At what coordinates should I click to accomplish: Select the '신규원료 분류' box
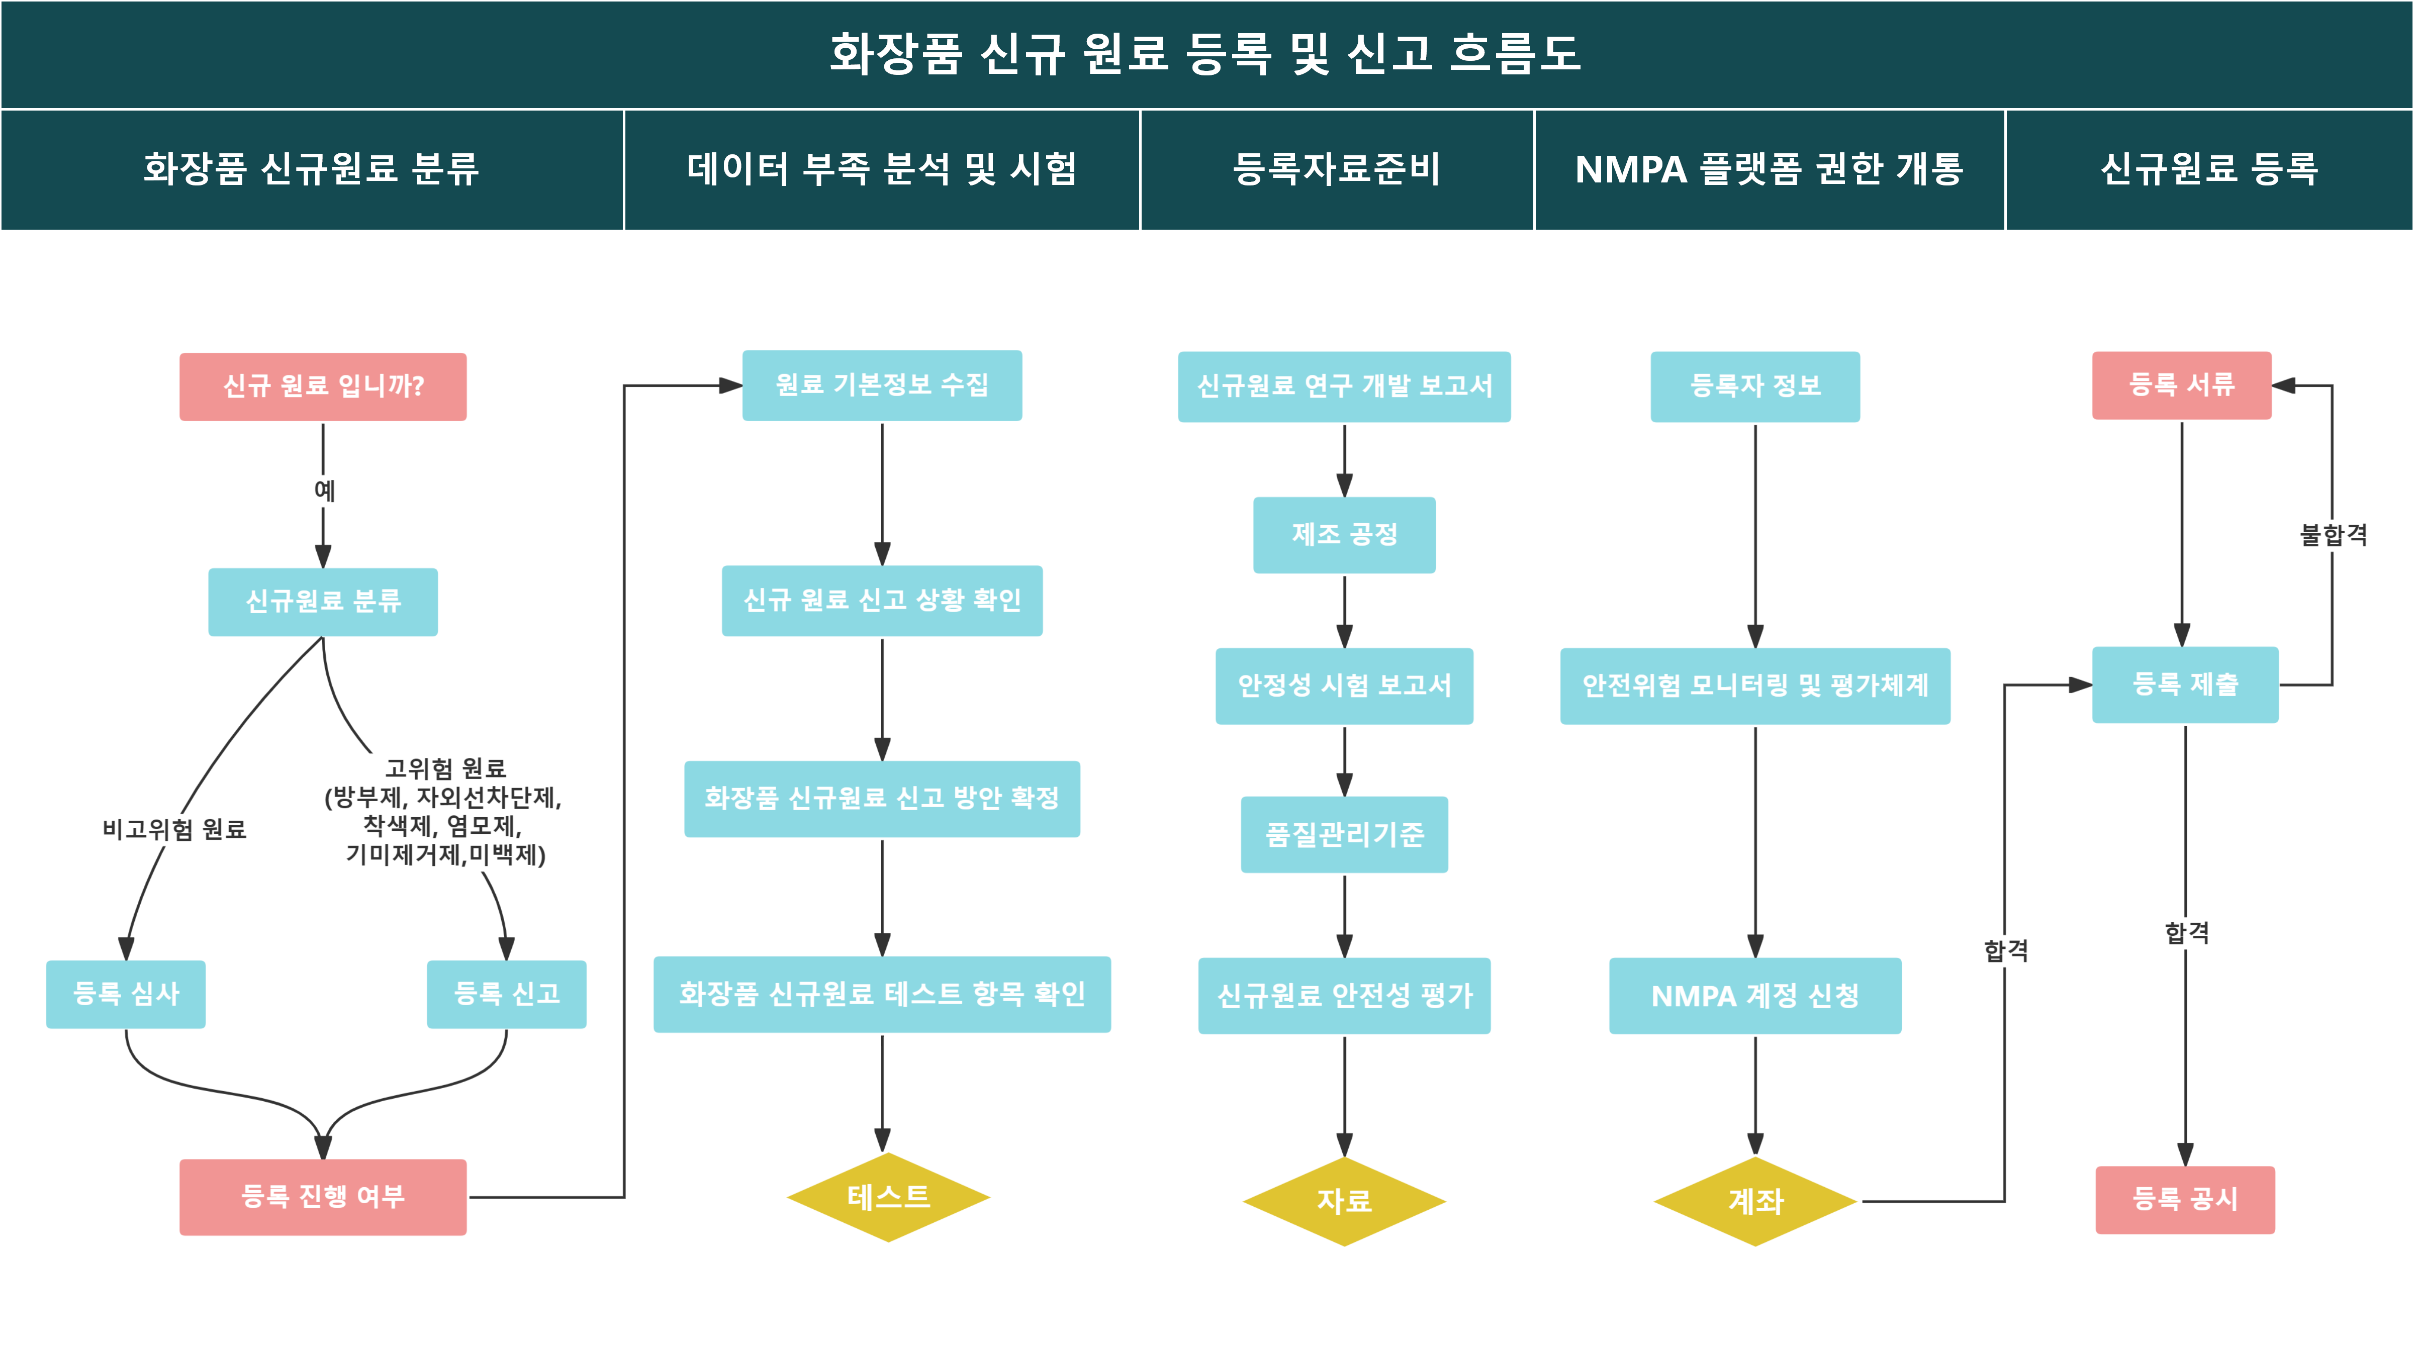(x=323, y=601)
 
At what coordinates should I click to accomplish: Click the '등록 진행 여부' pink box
(x=323, y=1197)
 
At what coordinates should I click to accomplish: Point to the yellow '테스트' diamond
(x=888, y=1197)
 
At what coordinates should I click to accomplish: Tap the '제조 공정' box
(x=1344, y=535)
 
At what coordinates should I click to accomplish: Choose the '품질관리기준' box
(x=1344, y=834)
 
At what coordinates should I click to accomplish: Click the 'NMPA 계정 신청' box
(x=1755, y=996)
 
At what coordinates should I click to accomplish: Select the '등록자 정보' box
(x=1755, y=386)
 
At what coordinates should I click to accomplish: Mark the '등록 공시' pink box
(x=2185, y=1200)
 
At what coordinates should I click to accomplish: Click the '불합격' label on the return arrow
(x=2334, y=535)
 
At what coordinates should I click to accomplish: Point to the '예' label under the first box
(x=324, y=490)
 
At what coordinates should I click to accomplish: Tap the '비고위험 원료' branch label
(x=174, y=829)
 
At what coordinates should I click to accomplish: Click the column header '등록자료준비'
(x=1337, y=169)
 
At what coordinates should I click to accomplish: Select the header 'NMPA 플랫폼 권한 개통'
(x=1769, y=169)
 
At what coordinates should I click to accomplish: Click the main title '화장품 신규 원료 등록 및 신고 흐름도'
(x=1205, y=53)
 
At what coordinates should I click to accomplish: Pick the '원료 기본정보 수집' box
(x=882, y=385)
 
